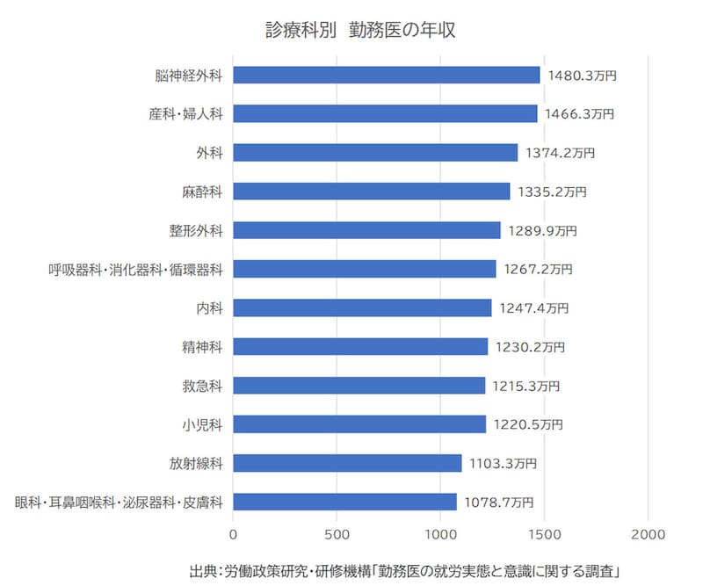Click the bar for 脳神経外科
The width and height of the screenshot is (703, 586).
[387, 76]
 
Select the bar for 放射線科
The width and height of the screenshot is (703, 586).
[347, 463]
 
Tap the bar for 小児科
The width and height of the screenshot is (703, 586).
[359, 424]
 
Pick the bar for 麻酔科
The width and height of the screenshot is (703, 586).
[372, 192]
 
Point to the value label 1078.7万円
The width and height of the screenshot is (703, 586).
[498, 503]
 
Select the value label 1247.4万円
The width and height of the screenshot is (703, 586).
[533, 308]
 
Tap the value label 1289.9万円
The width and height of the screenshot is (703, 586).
[542, 231]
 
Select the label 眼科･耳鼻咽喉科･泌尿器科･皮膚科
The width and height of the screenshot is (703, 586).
[119, 503]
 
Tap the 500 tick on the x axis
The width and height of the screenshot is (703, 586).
[337, 533]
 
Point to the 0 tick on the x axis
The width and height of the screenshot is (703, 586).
[234, 533]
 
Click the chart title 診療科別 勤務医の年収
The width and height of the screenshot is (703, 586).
[360, 31]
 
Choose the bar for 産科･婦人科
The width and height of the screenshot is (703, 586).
[385, 114]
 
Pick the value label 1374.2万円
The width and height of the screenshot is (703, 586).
[560, 153]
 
